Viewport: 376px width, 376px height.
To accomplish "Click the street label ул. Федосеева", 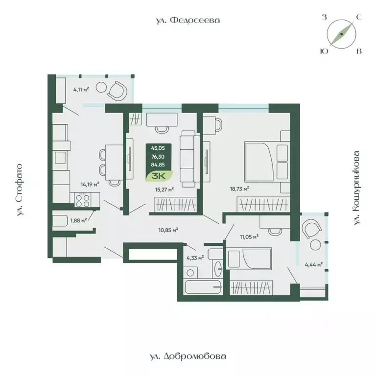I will [186, 21].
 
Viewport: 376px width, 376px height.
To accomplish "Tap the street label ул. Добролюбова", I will [188, 356].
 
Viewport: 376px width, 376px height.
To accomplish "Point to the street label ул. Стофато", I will [21, 190].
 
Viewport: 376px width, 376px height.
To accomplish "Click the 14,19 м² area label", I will [91, 185].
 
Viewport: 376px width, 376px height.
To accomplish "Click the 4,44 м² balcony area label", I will [314, 265].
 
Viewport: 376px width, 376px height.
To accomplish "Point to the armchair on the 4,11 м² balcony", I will [118, 90].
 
